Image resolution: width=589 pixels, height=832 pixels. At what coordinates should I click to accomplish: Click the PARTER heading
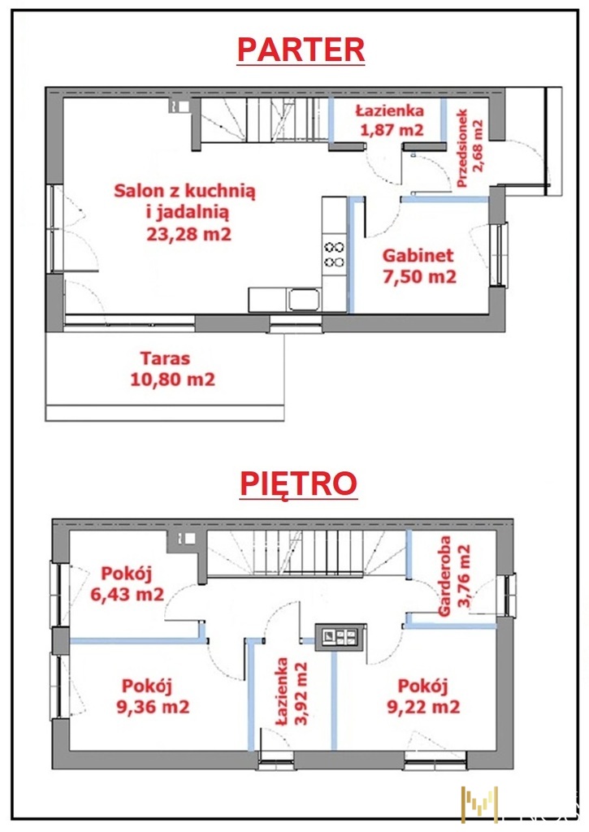[x=301, y=50]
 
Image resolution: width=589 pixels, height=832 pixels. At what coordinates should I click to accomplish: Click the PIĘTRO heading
[x=299, y=483]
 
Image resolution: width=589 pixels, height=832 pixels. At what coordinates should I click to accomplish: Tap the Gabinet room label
[x=418, y=255]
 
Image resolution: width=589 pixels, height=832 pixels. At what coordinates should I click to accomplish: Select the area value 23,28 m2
[x=189, y=234]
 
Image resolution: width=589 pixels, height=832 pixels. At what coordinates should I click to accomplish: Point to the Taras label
[x=165, y=358]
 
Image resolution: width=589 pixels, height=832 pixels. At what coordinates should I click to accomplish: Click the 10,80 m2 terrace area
[x=173, y=379]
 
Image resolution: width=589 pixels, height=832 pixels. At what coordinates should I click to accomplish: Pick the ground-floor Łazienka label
[x=390, y=110]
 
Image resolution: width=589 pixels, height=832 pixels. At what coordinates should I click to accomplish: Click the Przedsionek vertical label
[x=462, y=149]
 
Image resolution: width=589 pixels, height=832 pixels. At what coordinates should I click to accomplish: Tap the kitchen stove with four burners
[x=334, y=254]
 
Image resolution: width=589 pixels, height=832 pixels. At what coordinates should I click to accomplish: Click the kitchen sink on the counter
[x=304, y=300]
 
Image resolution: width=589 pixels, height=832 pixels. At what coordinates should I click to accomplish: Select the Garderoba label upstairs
[x=444, y=576]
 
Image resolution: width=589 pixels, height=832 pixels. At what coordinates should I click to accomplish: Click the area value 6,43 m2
[x=127, y=594]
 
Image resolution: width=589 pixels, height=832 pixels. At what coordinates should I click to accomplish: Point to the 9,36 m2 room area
[x=153, y=707]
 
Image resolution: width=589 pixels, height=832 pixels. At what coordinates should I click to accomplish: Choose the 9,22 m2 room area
[x=423, y=707]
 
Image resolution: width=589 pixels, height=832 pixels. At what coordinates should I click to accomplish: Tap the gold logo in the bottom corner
[x=479, y=804]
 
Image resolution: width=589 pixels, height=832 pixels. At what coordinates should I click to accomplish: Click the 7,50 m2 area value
[x=420, y=276]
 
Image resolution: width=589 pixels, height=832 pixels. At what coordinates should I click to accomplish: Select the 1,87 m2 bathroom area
[x=392, y=129]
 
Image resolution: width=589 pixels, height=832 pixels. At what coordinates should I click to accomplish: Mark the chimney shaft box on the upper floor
[x=340, y=637]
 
